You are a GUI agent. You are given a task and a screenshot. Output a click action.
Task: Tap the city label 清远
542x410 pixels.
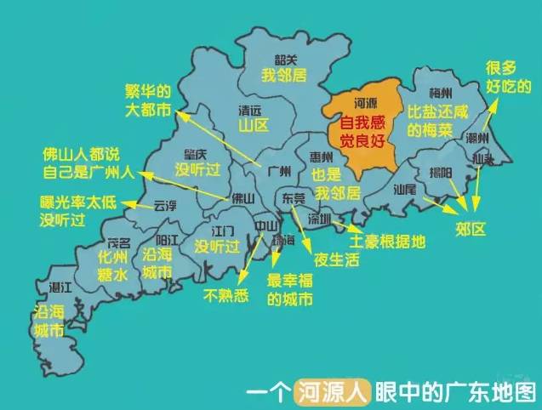(251, 110)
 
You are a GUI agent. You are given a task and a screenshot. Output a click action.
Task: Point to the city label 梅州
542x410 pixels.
(440, 93)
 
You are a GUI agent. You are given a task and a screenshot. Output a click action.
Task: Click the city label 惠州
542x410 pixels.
(321, 157)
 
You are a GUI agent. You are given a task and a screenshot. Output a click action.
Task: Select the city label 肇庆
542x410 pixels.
(196, 154)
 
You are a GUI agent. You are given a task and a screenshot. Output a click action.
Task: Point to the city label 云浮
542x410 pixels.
(164, 205)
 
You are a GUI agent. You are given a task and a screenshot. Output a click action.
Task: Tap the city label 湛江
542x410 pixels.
(60, 288)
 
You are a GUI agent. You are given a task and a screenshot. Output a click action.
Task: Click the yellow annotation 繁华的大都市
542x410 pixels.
(148, 100)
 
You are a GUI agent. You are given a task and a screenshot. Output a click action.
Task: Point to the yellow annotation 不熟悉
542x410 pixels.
(225, 294)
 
